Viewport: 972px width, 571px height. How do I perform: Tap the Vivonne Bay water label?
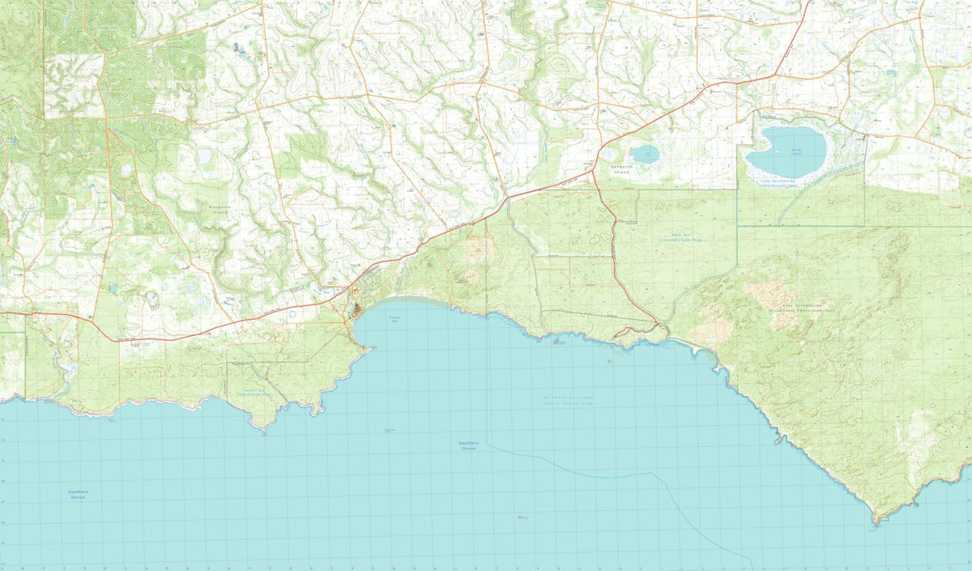[395, 319]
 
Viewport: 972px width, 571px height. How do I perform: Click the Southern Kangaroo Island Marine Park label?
[568, 400]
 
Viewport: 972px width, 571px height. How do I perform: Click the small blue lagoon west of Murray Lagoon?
[645, 154]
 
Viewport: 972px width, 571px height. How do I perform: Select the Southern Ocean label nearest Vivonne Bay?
[468, 445]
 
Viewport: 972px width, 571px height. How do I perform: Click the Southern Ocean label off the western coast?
[78, 494]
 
